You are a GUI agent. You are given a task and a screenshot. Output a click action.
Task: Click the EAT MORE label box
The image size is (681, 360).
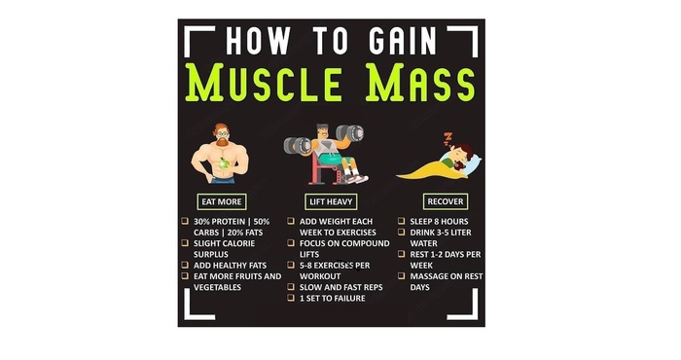pos(222,201)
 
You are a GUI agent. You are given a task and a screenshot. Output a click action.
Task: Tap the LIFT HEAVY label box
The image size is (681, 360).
pos(331,201)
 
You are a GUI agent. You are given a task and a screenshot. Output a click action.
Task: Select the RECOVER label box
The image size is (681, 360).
pos(446,201)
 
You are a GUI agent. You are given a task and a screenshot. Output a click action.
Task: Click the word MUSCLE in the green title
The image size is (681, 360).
pos(264,83)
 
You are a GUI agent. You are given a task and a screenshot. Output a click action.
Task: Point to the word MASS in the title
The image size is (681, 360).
pos(421,83)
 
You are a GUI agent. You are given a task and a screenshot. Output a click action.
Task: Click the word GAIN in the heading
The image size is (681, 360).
pos(403,41)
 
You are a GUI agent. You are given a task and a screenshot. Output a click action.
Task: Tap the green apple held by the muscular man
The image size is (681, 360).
pos(224,163)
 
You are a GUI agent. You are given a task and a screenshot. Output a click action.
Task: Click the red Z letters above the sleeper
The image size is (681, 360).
pos(447,139)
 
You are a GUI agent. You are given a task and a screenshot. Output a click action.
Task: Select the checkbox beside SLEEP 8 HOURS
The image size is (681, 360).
pos(401,221)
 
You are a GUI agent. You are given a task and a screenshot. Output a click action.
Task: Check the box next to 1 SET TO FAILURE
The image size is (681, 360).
pos(291,298)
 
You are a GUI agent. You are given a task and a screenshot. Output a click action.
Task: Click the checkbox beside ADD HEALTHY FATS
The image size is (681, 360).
pos(185,265)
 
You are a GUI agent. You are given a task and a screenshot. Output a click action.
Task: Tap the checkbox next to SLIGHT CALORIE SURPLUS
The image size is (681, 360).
pos(185,242)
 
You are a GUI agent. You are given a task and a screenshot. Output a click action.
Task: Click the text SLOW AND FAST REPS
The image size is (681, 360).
pos(340,287)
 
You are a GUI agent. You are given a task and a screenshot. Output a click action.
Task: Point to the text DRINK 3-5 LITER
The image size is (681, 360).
pos(441,233)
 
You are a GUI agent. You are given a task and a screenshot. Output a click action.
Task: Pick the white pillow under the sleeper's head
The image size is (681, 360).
pos(474,163)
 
